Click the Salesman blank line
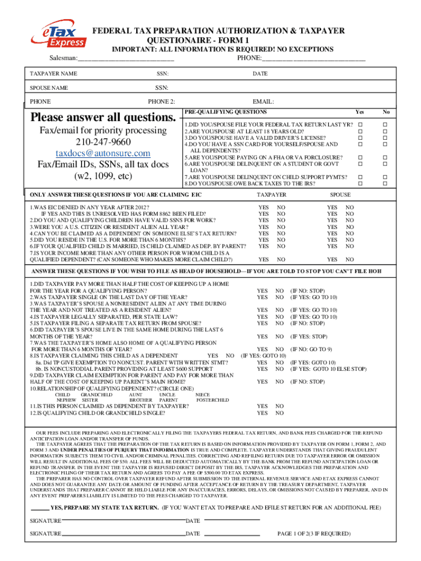(126, 59)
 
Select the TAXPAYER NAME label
(53, 73)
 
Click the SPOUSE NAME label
(49, 88)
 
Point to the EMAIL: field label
(263, 101)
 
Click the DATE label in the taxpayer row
(260, 73)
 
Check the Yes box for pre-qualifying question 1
(360, 125)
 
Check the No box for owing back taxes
(386, 183)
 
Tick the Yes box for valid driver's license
(360, 138)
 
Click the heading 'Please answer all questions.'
(104, 117)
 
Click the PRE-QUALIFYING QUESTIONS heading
(218, 111)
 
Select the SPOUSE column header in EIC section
(340, 195)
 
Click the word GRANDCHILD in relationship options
(96, 394)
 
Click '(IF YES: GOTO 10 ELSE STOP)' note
(328, 369)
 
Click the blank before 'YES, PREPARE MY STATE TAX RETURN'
(39, 508)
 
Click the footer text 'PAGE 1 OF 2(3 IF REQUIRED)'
(314, 533)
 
